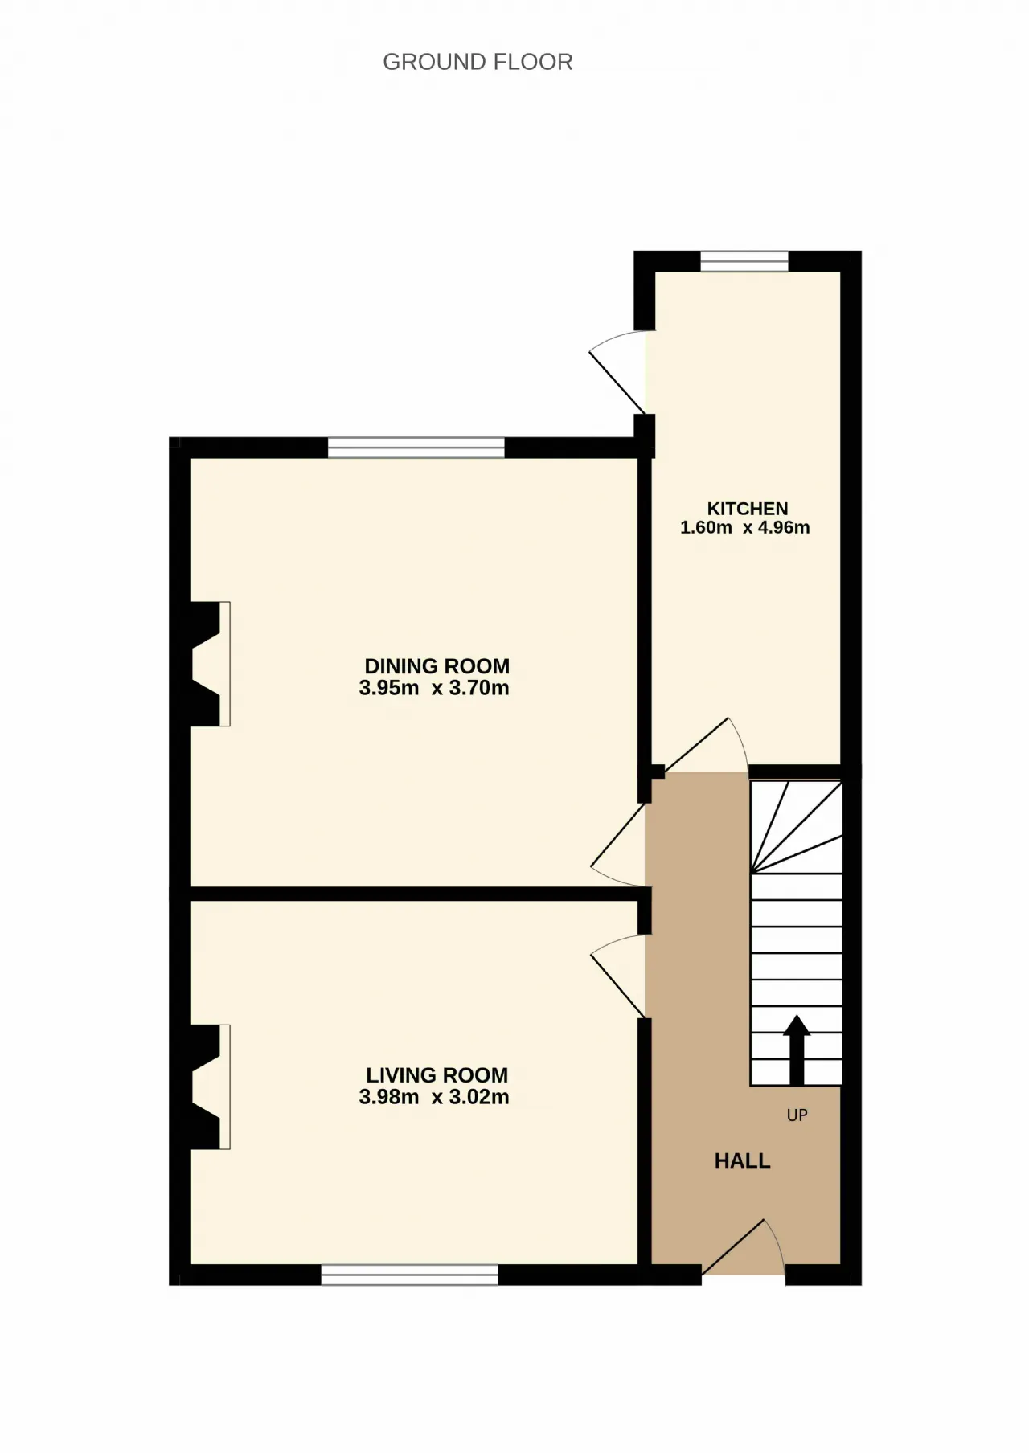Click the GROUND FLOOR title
478,62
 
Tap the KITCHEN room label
748,509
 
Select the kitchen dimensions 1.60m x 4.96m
745,528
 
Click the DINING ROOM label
437,666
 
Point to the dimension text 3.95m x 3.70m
434,688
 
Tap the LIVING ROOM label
437,1075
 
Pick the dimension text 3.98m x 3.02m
434,1097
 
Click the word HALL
743,1160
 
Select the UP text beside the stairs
797,1115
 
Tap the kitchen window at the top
744,261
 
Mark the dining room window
416,448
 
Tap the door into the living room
619,976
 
